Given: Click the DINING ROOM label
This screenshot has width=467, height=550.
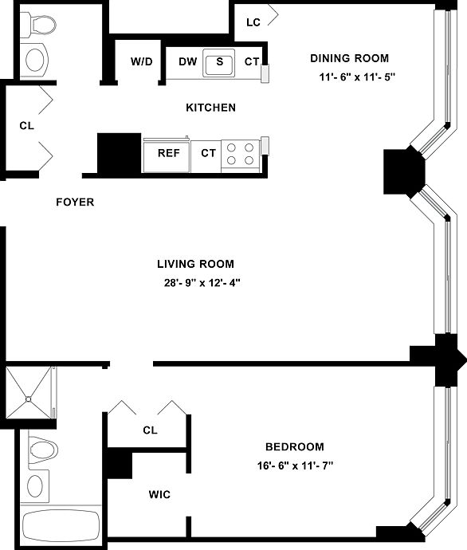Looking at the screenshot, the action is click(x=350, y=58).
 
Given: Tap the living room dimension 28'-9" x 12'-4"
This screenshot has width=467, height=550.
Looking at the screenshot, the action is click(x=202, y=282).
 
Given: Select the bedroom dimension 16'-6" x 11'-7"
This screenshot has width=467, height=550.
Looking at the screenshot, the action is click(x=295, y=466).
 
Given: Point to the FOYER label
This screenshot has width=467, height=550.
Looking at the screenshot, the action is click(x=75, y=202).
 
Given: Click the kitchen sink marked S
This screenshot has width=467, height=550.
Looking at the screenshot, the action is click(x=219, y=63).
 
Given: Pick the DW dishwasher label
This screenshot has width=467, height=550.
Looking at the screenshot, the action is click(x=188, y=61).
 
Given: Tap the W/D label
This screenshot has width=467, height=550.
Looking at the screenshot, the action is click(x=142, y=61).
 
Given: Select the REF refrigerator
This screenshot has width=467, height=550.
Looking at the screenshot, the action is click(x=167, y=155).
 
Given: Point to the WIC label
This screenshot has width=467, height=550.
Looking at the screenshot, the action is click(x=159, y=494).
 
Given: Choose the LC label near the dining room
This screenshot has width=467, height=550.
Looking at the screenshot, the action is click(x=253, y=22).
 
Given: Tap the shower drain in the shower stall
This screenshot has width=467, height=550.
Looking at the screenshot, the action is click(x=29, y=399).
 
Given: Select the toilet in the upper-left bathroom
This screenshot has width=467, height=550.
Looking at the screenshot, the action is click(x=39, y=24).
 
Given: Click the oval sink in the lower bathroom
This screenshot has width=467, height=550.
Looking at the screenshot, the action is click(x=35, y=485).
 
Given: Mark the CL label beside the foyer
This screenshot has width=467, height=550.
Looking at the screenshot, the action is click(x=26, y=126).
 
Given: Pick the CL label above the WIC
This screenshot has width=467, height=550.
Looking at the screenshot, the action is click(x=150, y=430).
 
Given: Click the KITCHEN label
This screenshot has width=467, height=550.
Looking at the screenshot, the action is click(x=210, y=108).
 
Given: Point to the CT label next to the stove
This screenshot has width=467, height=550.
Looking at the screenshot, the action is click(x=208, y=153).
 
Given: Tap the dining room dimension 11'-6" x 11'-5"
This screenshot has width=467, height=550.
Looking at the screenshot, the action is click(x=357, y=77).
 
